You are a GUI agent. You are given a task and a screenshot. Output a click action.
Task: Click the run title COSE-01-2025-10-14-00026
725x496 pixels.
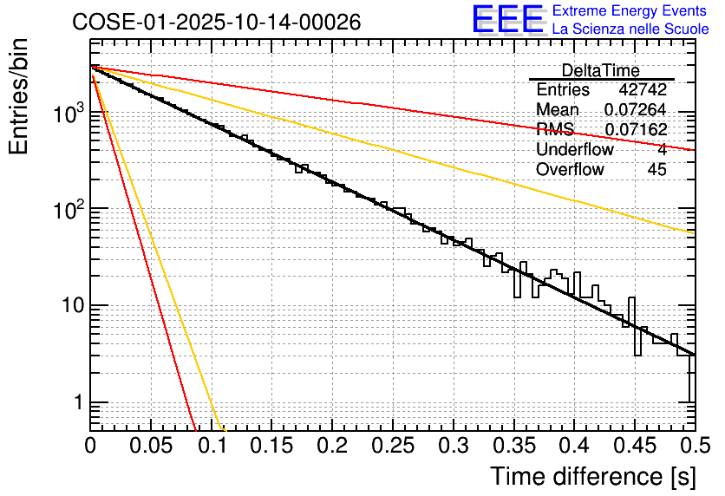[x=217, y=22]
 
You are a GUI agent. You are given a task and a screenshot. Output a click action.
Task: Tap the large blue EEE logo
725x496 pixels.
[x=507, y=20]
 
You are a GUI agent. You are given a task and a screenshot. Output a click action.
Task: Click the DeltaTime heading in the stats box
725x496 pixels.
[x=601, y=70]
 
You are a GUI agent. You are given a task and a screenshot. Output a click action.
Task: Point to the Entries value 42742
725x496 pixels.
[x=643, y=90]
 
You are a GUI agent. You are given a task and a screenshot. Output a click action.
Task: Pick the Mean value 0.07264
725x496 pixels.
[x=635, y=110]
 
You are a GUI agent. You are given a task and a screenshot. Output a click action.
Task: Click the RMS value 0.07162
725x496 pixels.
[x=635, y=130]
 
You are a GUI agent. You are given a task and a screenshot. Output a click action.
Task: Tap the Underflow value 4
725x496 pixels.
[x=662, y=150]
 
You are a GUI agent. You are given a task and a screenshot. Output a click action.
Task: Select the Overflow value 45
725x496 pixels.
[x=657, y=170]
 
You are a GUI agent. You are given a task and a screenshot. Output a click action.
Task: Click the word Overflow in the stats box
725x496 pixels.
[x=570, y=170]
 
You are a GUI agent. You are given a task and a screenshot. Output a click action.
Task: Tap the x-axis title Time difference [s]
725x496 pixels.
[x=592, y=476]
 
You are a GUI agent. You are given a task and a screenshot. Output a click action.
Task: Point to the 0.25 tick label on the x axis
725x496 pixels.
[x=393, y=446]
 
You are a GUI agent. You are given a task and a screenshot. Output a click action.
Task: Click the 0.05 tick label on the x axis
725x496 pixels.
[x=151, y=446]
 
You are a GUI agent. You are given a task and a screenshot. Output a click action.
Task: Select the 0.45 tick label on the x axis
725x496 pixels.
[x=635, y=446]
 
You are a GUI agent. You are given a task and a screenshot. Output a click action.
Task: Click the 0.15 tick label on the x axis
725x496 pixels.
[x=271, y=446]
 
